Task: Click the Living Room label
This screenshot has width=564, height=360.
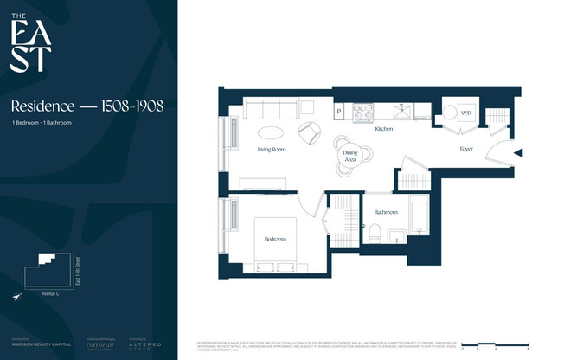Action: click(x=272, y=150)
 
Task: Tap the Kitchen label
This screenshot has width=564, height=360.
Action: click(x=384, y=129)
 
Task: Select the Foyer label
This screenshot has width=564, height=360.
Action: click(x=466, y=150)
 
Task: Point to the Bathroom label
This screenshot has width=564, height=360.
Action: click(x=385, y=212)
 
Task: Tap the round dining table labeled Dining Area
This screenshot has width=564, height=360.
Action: click(x=350, y=156)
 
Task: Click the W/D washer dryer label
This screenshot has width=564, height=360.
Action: click(x=465, y=113)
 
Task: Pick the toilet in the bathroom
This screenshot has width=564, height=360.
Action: click(x=375, y=235)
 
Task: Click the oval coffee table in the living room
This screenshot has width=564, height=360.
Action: click(x=270, y=132)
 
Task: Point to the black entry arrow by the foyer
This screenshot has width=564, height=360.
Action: click(x=518, y=154)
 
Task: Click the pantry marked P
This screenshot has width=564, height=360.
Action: click(x=339, y=112)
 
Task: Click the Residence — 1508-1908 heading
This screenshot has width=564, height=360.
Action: click(x=87, y=106)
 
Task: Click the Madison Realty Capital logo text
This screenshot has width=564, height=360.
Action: click(x=35, y=344)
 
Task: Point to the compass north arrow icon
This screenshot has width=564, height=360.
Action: click(x=17, y=297)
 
